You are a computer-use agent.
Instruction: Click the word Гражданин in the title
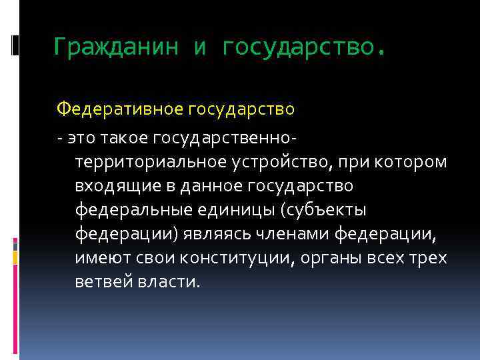pos(116,47)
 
